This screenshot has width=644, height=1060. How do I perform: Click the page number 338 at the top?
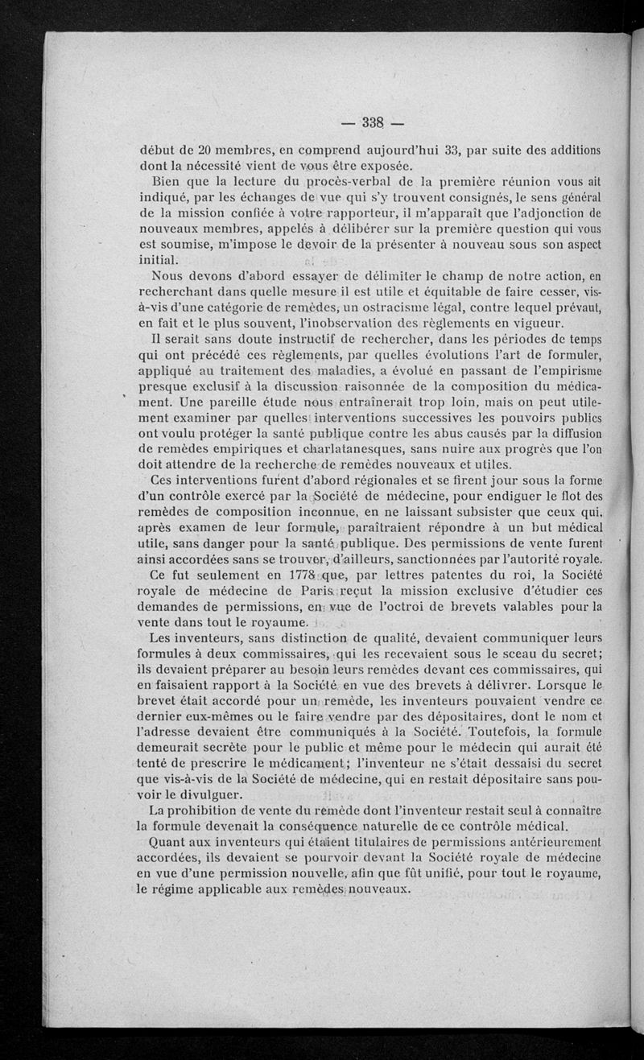pyautogui.click(x=371, y=122)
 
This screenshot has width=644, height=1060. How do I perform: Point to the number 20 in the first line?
pyautogui.click(x=206, y=151)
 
